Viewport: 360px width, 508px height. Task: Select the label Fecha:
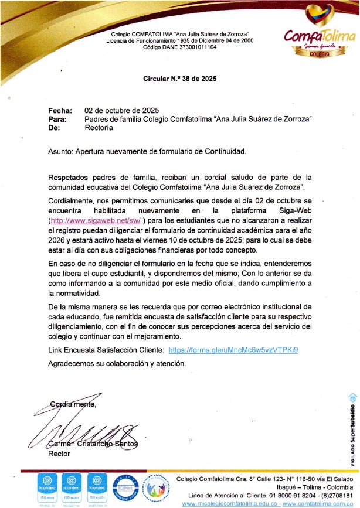60,110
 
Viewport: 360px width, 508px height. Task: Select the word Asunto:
60,151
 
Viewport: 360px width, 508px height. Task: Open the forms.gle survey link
233,350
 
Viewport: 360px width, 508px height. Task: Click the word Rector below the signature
59,453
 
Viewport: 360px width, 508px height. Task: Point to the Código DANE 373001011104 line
180,47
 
